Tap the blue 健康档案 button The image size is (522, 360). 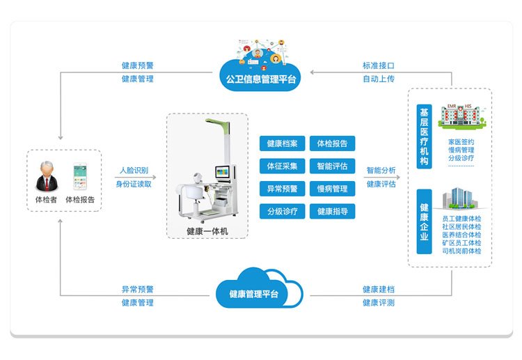click(282, 144)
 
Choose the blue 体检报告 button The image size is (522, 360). click(332, 144)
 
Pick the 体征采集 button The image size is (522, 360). click(282, 166)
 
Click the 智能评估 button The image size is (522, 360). click(332, 166)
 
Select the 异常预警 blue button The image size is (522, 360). click(282, 189)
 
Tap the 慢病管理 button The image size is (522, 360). click(332, 189)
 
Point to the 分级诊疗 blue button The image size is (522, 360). click(282, 211)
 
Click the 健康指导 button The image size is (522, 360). click(332, 211)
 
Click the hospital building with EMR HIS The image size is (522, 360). click(462, 115)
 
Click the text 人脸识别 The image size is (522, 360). click(134, 170)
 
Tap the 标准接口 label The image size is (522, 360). click(378, 65)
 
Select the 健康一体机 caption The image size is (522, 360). click(207, 231)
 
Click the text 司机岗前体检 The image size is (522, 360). click(461, 251)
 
